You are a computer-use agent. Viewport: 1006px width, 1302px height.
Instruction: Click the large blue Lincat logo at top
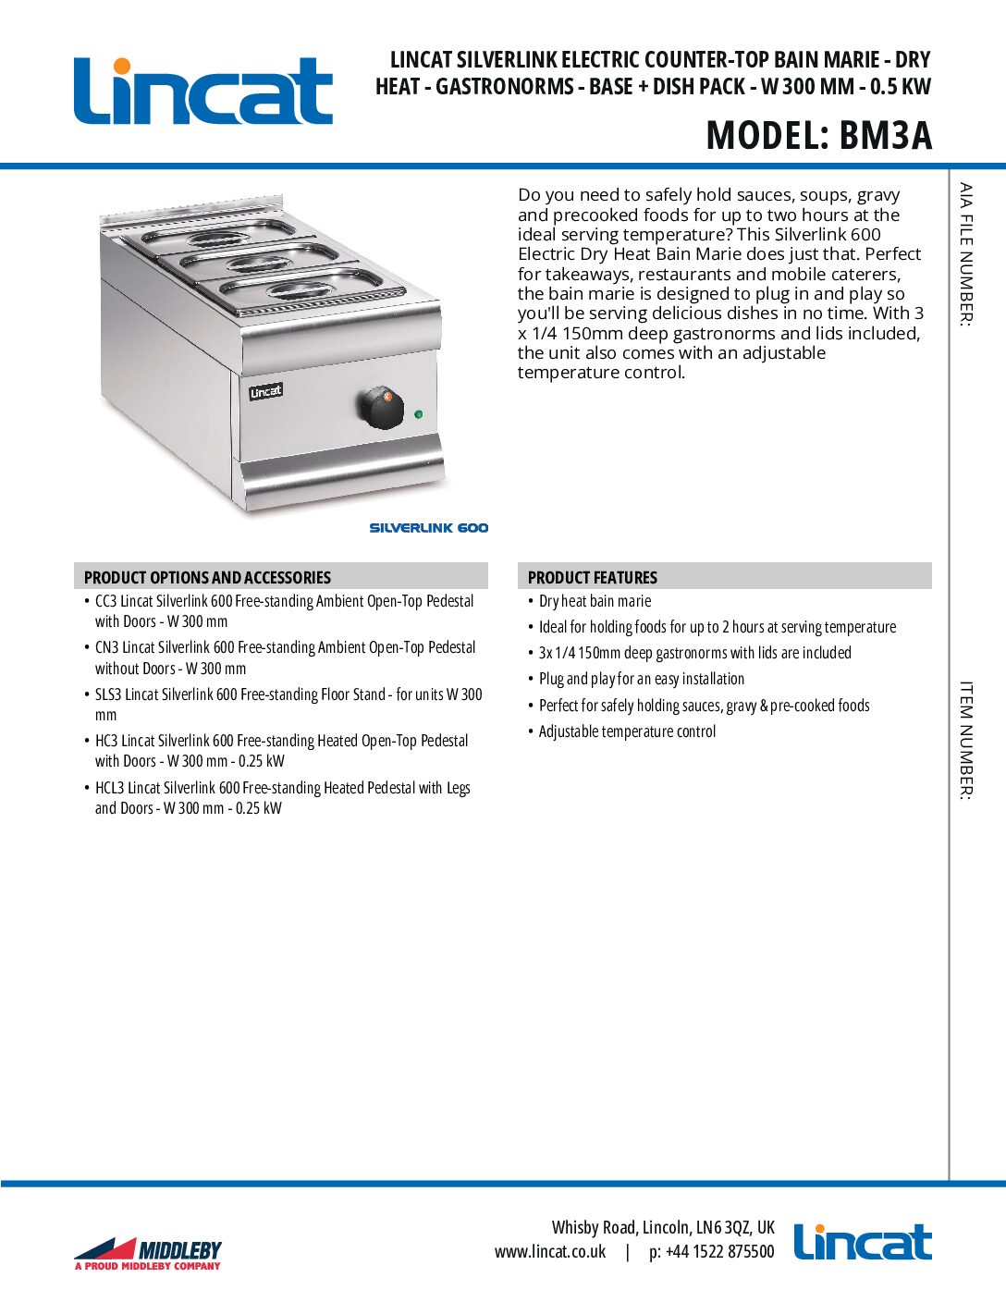pyautogui.click(x=202, y=91)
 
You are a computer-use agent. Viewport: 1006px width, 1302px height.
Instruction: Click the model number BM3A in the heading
pyautogui.click(x=885, y=136)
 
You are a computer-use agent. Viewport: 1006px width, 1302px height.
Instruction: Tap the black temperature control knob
pyautogui.click(x=381, y=407)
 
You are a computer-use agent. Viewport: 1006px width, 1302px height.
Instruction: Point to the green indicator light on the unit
pyautogui.click(x=419, y=414)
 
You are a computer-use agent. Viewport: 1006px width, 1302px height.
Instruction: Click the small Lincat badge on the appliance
pyautogui.click(x=265, y=391)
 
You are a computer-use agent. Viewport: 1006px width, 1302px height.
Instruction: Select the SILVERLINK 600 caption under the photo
pyautogui.click(x=428, y=528)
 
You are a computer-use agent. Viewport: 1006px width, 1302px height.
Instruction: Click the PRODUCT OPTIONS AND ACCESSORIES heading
pyautogui.click(x=207, y=577)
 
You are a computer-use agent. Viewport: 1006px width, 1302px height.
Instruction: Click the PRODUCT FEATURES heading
pyautogui.click(x=592, y=577)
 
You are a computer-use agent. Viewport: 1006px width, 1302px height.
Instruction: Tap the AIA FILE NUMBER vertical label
pyautogui.click(x=965, y=254)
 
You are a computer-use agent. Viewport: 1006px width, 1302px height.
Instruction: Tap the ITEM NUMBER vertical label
pyautogui.click(x=965, y=740)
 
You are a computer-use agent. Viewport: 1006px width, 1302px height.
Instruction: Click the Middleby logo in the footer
pyautogui.click(x=148, y=1253)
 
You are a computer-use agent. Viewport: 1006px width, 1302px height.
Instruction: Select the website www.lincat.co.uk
pyautogui.click(x=550, y=1252)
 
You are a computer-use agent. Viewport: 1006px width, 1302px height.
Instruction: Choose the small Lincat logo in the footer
pyautogui.click(x=862, y=1242)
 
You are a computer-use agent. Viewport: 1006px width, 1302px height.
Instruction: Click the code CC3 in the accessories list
pyautogui.click(x=105, y=601)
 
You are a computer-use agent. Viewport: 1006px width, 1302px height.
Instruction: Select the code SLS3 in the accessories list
pyautogui.click(x=108, y=694)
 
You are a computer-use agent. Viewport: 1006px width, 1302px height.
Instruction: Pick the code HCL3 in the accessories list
pyautogui.click(x=110, y=788)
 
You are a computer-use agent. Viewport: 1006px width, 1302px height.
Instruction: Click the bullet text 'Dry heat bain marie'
pyautogui.click(x=595, y=601)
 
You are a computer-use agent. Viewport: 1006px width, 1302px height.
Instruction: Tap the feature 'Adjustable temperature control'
pyautogui.click(x=627, y=731)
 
